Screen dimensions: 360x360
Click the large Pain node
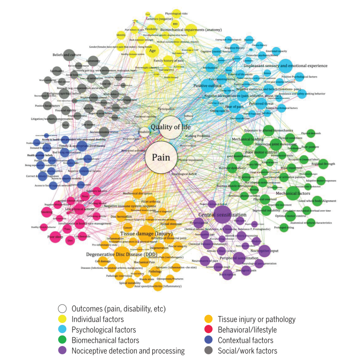pyautogui.click(x=161, y=157)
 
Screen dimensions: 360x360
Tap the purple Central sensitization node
pyautogui.click(x=222, y=215)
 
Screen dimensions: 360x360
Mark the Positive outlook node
pyautogui.click(x=208, y=86)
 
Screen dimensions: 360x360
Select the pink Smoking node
pyautogui.click(x=47, y=212)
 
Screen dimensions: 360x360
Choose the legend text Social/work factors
pyautogui.click(x=247, y=350)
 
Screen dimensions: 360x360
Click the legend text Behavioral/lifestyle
pyautogui.click(x=247, y=330)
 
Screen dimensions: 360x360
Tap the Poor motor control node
pyautogui.click(x=261, y=152)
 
